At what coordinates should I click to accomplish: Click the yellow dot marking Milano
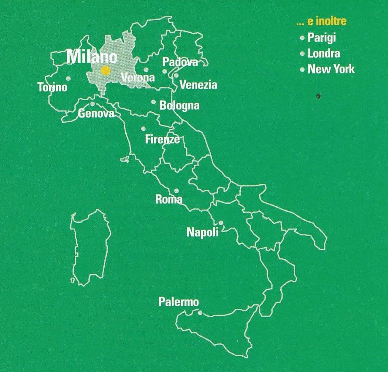point(105,71)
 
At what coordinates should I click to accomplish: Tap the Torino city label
point(52,88)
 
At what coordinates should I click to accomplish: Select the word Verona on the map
point(138,78)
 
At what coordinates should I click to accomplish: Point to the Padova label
point(180,62)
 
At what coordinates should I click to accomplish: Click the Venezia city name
point(198,85)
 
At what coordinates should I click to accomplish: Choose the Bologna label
point(179,105)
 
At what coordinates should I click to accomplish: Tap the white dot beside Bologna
point(153,102)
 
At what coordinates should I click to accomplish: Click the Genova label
point(96,113)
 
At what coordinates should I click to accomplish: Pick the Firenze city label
point(162,139)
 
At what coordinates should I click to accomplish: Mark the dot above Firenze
point(143,129)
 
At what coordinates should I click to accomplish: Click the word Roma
point(169,199)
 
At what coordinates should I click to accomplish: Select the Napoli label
point(203,232)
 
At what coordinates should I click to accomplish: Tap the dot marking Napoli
point(220,223)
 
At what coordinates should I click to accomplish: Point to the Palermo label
point(179,302)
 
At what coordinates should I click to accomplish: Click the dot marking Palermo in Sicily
point(200,313)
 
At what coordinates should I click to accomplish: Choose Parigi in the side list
point(322,38)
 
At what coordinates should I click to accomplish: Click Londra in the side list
point(323,54)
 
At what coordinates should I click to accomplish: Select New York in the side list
point(331,69)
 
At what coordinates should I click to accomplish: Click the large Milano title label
point(92,57)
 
